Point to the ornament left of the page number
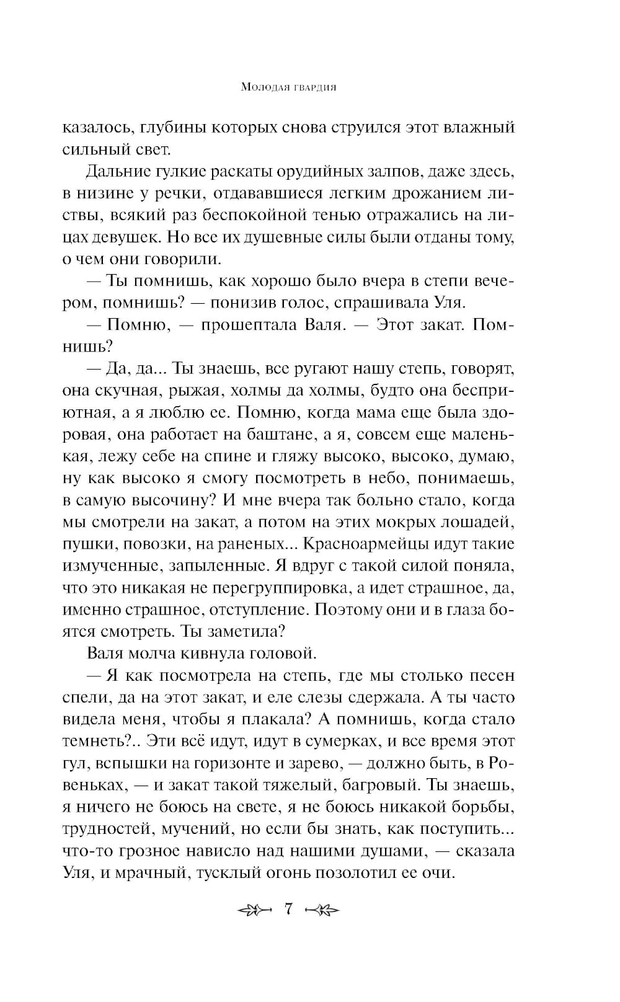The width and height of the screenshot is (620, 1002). [x=255, y=911]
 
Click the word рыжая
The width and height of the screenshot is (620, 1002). [x=190, y=391]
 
